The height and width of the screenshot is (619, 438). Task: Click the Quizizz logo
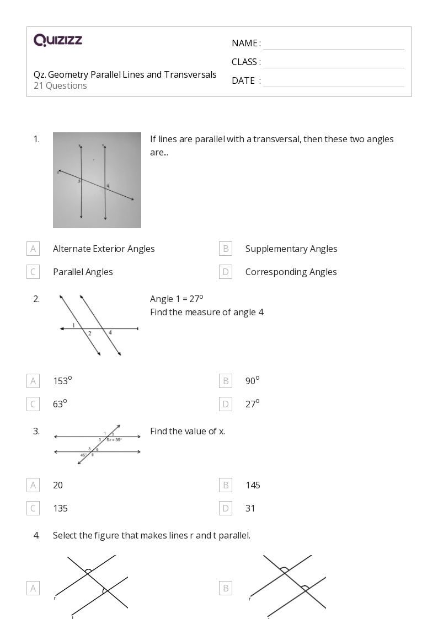click(58, 40)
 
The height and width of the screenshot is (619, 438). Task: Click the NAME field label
click(245, 44)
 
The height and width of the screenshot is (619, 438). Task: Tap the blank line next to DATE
click(333, 81)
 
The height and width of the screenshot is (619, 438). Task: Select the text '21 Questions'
click(60, 86)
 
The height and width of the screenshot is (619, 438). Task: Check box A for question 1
click(33, 249)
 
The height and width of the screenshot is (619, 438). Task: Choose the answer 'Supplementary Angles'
click(291, 249)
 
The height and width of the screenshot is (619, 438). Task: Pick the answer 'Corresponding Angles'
click(291, 272)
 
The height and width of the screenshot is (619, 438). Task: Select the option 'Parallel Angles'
click(83, 272)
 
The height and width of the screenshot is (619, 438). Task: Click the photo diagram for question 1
click(97, 180)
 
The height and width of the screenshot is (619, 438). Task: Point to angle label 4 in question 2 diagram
click(110, 333)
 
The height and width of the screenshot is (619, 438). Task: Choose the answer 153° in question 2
click(62, 380)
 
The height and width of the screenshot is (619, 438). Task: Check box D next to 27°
click(225, 404)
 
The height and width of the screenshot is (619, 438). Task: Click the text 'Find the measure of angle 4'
click(206, 313)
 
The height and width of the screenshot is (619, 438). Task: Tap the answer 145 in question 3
click(253, 485)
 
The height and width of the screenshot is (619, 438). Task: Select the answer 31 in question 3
click(250, 508)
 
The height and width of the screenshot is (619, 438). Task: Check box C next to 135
click(33, 508)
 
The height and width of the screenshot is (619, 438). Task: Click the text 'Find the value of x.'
click(188, 431)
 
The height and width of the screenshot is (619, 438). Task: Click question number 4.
click(36, 535)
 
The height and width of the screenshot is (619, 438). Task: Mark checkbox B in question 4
click(225, 588)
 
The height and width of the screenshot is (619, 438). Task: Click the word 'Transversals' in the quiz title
click(190, 74)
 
